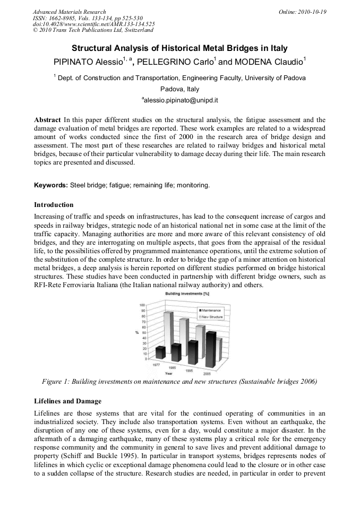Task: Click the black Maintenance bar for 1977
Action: click(160, 352)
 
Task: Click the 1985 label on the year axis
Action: click(172, 367)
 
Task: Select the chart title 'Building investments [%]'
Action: click(187, 294)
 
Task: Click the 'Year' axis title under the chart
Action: click(168, 374)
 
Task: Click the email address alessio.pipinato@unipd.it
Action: click(180, 100)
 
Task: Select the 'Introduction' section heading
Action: click(54, 205)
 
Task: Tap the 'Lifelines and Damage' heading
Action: click(67, 401)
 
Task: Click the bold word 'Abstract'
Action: click(47, 120)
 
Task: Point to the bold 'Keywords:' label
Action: click(51, 185)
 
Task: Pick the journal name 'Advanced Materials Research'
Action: click(69, 12)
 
